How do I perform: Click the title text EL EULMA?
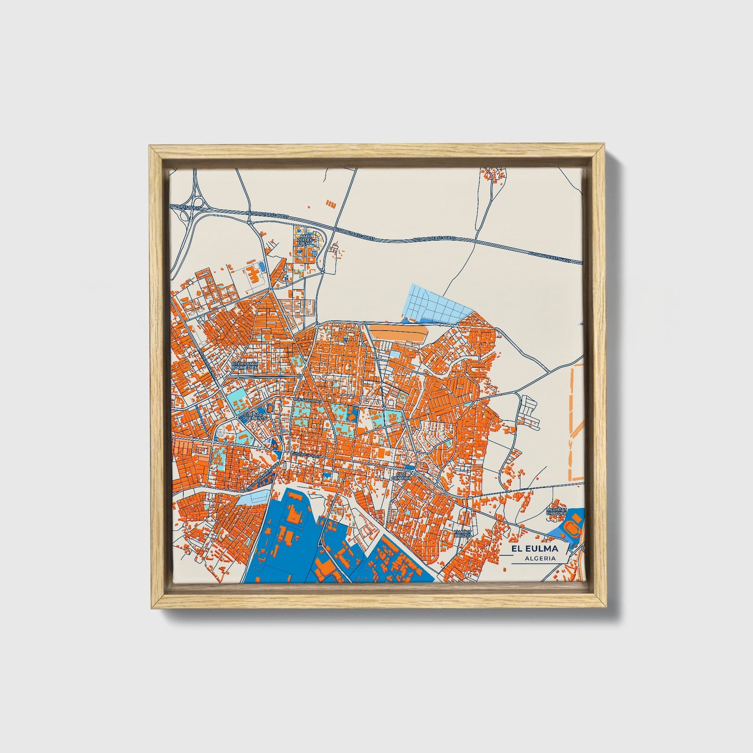coord(534,548)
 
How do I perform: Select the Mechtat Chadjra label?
coord(556,511)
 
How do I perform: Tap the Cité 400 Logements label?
coord(254,416)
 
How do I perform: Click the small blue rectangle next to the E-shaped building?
coord(262,266)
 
